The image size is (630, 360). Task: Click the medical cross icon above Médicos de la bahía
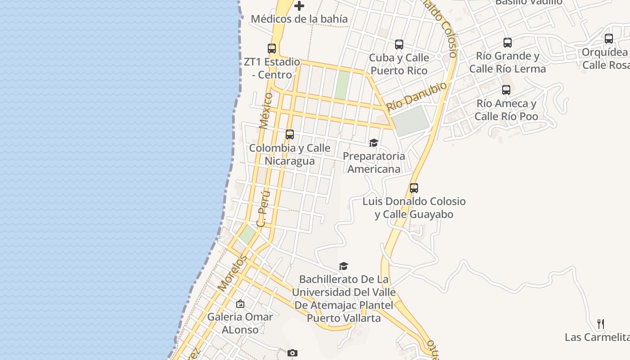[x=299, y=6]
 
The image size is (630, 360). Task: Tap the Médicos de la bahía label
[x=299, y=19]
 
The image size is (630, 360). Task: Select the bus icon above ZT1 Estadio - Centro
[x=272, y=49]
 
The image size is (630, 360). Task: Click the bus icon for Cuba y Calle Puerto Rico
[x=399, y=45]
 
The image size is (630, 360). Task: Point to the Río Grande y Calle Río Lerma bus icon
[x=508, y=43]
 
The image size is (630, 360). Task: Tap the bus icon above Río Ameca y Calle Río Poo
[x=506, y=90]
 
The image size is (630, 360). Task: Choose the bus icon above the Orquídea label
[x=609, y=39]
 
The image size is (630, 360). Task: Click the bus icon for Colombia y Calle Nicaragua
[x=290, y=135]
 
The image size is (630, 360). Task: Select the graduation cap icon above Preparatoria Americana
[x=373, y=143]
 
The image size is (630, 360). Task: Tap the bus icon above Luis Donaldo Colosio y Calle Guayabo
[x=414, y=188]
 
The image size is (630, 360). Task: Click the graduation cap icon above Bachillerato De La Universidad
[x=344, y=266]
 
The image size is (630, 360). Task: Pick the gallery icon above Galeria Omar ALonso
[x=240, y=304]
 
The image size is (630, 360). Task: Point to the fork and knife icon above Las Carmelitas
[x=601, y=324]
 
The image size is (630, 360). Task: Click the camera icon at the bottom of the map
[x=292, y=353]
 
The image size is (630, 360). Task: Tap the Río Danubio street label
[x=417, y=96]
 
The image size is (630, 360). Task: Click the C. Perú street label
[x=263, y=208]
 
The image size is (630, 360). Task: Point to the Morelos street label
[x=233, y=272]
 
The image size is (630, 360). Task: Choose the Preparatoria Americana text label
[x=374, y=162]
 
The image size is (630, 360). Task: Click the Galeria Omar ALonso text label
[x=240, y=323]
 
